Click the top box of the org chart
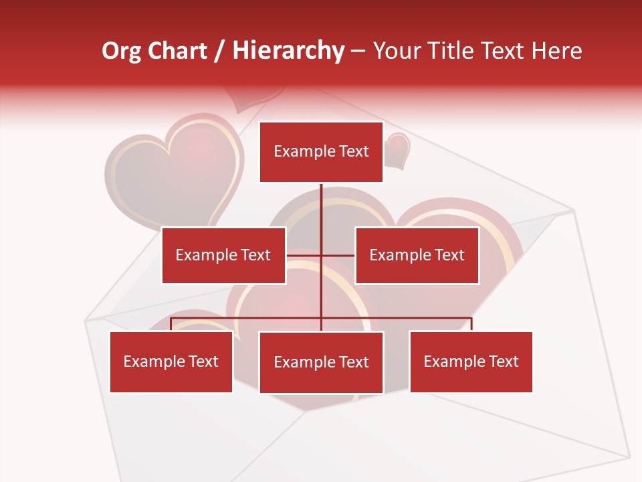click(x=321, y=152)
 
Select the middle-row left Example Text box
click(x=223, y=255)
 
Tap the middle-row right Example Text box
click(x=417, y=255)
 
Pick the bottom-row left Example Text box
click(x=171, y=361)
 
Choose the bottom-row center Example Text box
click(x=321, y=362)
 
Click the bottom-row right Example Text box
click(x=471, y=361)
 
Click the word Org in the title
click(x=121, y=51)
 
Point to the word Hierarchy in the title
click(x=288, y=51)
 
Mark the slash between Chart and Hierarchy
click(x=220, y=51)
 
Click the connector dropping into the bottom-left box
click(x=171, y=324)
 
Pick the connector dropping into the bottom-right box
click(x=471, y=324)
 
